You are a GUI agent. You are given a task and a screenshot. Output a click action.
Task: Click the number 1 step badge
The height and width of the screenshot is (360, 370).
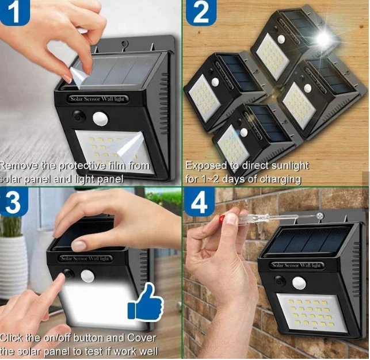14,12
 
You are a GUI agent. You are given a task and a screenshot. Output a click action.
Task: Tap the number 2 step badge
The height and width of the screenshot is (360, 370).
201,12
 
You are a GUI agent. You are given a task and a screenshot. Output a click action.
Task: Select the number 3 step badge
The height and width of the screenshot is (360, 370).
14,202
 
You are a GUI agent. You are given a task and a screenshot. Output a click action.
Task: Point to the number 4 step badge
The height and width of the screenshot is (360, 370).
200,202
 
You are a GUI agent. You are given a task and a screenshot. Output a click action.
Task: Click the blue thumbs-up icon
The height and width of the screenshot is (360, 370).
146,302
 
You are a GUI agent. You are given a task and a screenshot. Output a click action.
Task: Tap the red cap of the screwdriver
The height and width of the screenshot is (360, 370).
222,220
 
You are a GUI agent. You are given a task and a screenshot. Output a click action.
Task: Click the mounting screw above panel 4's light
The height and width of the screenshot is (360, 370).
320,215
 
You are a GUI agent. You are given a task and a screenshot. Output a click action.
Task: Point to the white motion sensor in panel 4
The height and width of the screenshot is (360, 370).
299,282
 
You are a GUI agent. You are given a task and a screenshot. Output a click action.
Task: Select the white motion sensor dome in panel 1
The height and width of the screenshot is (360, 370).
100,118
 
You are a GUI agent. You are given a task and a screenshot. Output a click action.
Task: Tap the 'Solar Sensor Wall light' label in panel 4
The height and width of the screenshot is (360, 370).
297,265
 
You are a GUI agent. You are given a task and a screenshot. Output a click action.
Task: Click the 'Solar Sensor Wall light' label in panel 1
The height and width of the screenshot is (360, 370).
97,99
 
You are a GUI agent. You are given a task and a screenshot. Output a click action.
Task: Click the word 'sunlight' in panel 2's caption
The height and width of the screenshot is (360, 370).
290,166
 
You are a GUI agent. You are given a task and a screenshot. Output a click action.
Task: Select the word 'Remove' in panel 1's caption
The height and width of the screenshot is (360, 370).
19,166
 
